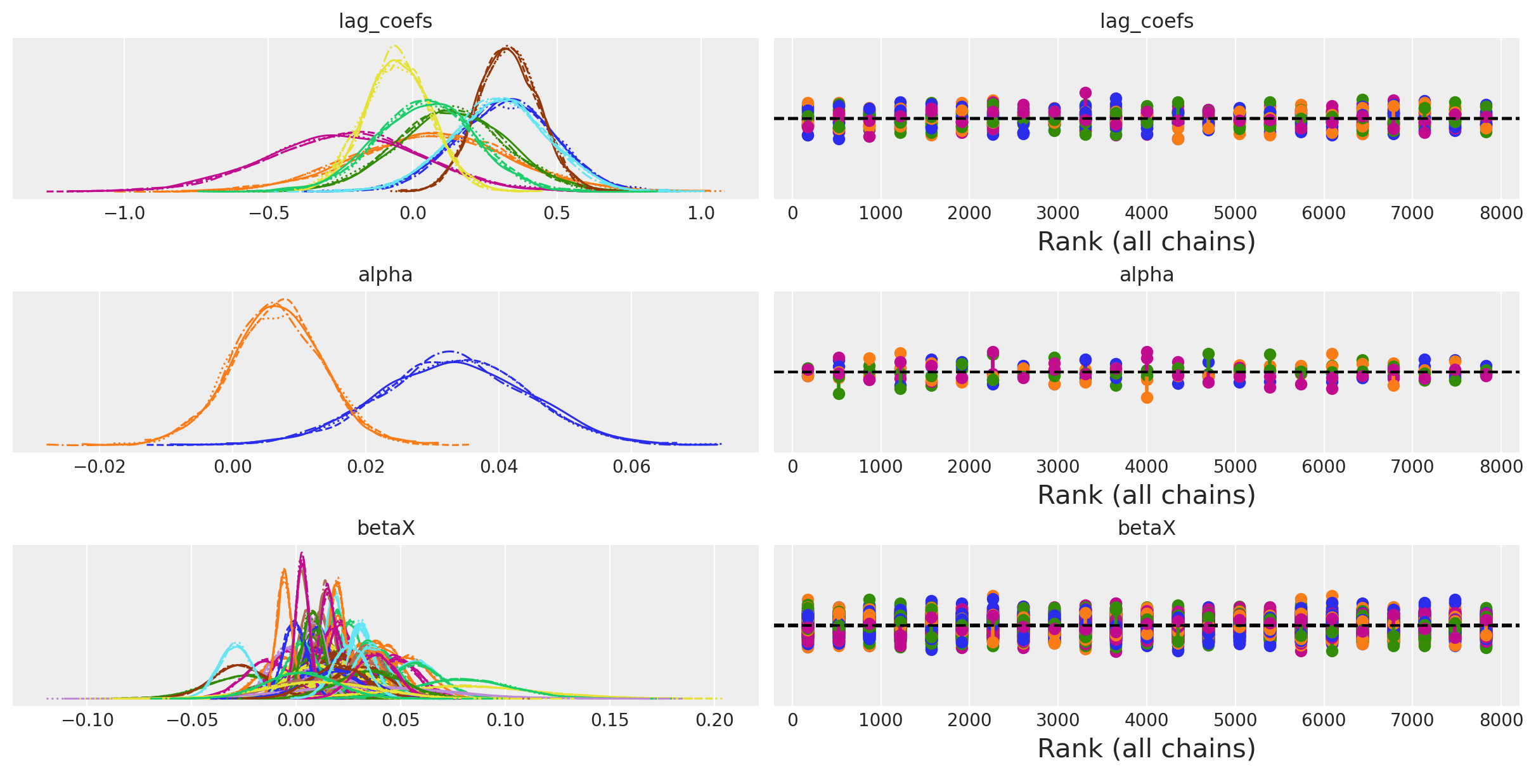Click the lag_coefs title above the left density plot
385,21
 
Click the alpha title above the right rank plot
1146,274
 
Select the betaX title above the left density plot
385,528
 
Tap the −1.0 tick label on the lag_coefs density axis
124,214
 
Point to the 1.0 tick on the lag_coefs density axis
701,214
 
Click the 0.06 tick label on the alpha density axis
631,467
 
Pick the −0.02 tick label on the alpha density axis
100,467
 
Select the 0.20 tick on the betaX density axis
714,721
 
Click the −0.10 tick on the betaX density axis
87,721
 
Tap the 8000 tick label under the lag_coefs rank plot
1501,214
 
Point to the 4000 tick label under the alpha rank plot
1146,467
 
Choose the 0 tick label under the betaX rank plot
792,721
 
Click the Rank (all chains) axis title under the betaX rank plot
1146,748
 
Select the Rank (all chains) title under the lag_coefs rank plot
1146,241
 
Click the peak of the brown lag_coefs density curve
507,48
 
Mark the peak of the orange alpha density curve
285,299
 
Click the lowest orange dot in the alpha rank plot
1147,398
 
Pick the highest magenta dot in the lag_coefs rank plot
1085,93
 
